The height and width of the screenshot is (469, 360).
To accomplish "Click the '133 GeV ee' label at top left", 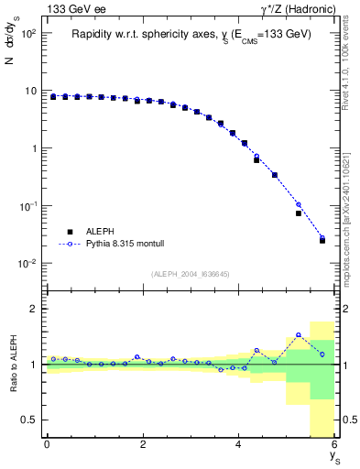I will click(x=75, y=9).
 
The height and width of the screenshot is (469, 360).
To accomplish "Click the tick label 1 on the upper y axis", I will click(x=34, y=148).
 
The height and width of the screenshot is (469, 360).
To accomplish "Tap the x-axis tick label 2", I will click(x=143, y=445).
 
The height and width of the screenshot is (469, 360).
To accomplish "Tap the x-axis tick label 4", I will click(x=239, y=445).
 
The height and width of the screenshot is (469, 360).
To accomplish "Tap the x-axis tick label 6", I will click(x=335, y=445).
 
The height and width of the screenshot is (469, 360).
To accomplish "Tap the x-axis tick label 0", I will click(x=47, y=445).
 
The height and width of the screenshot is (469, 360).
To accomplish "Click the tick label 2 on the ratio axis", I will click(x=34, y=309).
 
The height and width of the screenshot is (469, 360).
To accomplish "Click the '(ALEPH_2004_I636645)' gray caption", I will click(x=191, y=273).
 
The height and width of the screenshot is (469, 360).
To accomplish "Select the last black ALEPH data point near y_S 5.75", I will click(x=322, y=241).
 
